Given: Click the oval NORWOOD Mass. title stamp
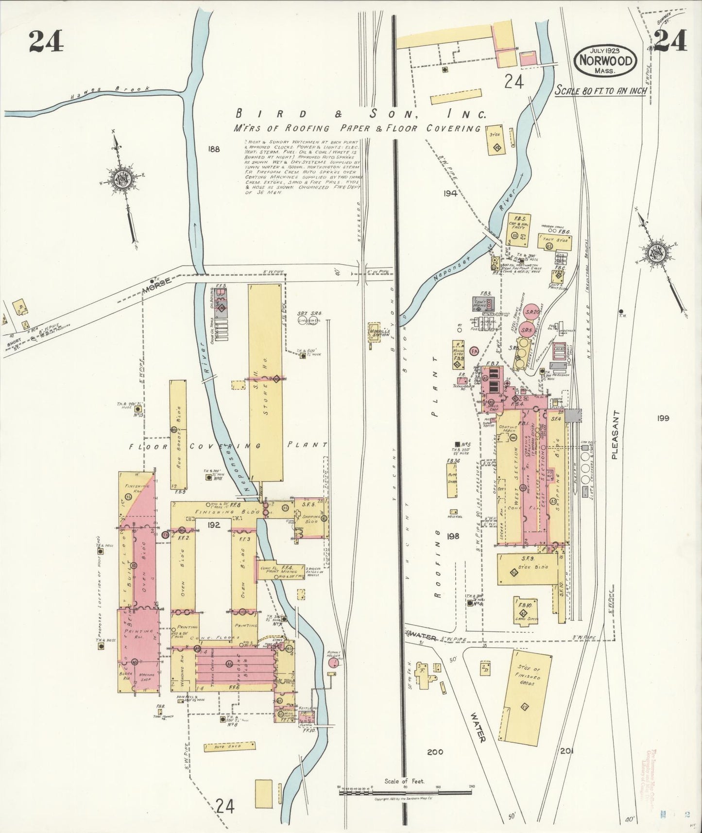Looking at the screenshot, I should [x=605, y=60].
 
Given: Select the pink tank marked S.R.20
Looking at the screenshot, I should [x=533, y=313].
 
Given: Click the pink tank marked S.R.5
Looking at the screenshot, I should [x=526, y=330].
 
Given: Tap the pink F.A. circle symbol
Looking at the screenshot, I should [x=475, y=351].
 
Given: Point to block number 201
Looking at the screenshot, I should [x=566, y=750].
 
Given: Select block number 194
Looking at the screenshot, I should [x=450, y=193].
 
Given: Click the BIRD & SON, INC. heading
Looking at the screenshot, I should [x=360, y=115].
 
